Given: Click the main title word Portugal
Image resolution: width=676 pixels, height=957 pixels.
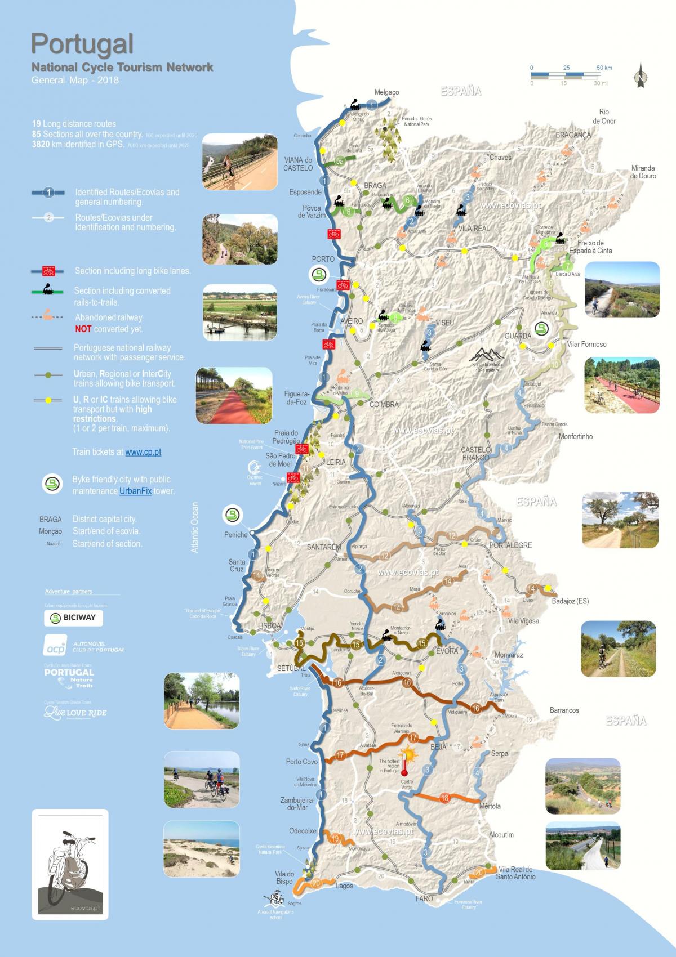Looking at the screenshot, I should pos(82,44).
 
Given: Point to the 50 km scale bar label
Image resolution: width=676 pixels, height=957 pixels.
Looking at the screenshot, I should pos(604,68).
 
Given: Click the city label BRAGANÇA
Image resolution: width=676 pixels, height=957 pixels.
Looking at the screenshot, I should pos(573,135).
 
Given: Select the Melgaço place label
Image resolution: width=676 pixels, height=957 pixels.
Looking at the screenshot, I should pos(386,92).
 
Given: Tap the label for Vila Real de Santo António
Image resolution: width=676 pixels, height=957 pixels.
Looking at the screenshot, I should pos(516,873).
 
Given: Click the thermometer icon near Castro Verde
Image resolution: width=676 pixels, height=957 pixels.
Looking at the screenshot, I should pos(404,761).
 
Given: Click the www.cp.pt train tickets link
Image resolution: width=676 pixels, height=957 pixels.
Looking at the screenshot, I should pos(143,452).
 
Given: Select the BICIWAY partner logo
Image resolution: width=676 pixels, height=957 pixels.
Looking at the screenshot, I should pos(74,618).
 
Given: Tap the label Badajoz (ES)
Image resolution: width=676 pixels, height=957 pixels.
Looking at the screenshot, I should pos(570,601).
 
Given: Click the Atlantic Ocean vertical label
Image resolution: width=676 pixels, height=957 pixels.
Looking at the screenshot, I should pos(195,527).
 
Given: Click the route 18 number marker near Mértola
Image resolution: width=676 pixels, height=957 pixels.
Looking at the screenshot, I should pos(445,798).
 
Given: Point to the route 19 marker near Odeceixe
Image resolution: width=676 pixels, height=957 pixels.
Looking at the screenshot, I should pos(336,839).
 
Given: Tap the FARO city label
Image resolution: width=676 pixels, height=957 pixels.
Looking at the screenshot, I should pos(424,898).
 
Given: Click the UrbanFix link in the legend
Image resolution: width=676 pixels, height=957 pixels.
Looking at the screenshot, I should pos(135,491).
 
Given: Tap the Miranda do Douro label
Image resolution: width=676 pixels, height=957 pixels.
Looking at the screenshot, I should pos(643,172).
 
